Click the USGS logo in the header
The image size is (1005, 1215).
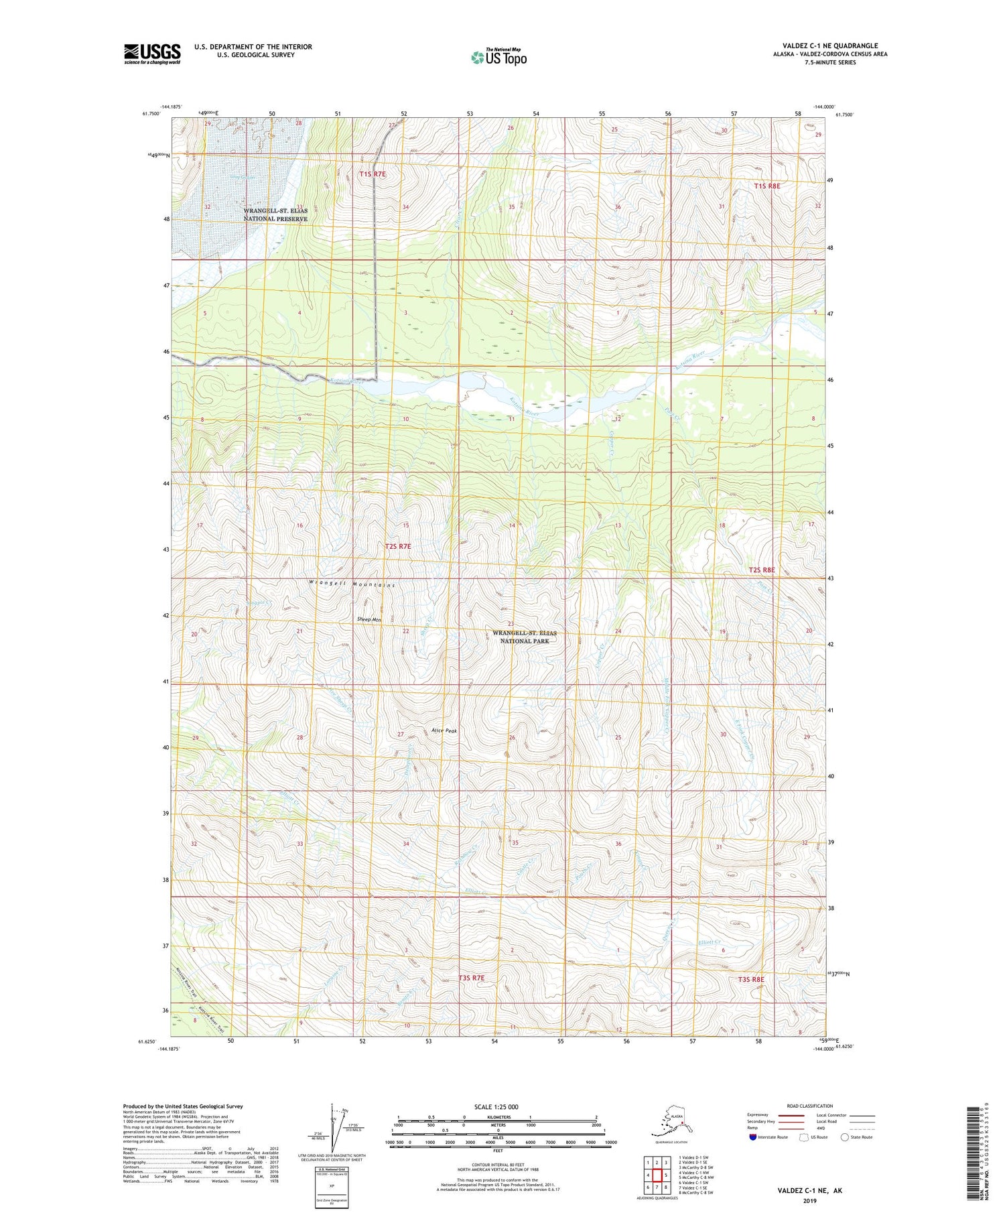click(152, 54)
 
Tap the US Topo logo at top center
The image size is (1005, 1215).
click(498, 57)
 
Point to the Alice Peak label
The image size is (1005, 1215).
click(444, 731)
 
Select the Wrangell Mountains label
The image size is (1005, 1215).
click(352, 584)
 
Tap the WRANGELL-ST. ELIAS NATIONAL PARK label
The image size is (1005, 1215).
click(525, 637)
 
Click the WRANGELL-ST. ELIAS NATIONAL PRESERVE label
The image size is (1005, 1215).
click(275, 214)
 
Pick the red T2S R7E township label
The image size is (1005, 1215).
click(398, 547)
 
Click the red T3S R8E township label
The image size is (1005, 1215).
click(751, 980)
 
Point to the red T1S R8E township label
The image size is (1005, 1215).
click(767, 186)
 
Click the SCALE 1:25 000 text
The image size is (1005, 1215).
click(495, 1107)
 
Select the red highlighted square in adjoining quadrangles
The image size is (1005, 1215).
click(657, 1175)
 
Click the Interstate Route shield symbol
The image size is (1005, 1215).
click(752, 1137)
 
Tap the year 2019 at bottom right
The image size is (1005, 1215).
click(809, 1200)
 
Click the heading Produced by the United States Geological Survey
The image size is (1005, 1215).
click(183, 1106)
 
